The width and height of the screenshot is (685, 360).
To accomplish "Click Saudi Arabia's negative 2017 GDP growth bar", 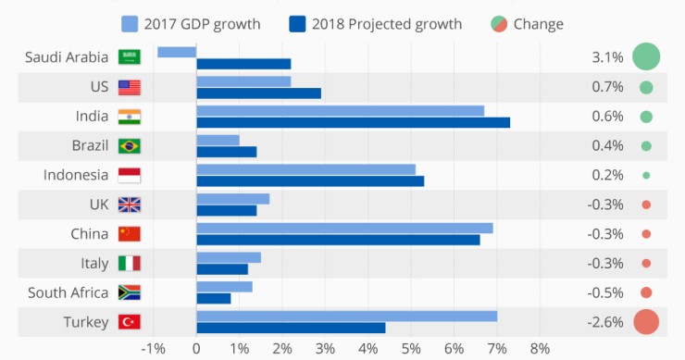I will (x=177, y=52).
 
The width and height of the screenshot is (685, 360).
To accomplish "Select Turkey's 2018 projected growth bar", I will (x=291, y=328).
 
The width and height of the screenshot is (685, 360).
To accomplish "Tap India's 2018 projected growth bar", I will (x=353, y=122).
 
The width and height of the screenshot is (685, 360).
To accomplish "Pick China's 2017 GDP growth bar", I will (x=344, y=228).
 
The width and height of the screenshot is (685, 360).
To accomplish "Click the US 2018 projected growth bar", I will (x=258, y=93).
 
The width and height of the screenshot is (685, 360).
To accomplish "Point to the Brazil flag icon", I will (x=129, y=145).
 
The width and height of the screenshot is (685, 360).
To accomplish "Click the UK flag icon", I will (x=129, y=205).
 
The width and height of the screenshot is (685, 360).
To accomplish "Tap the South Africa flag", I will (x=129, y=293).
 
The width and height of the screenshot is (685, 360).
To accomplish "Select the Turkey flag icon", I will (x=129, y=323).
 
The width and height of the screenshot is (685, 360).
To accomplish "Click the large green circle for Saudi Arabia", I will (x=646, y=57).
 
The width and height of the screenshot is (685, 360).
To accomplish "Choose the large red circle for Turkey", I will (x=646, y=322).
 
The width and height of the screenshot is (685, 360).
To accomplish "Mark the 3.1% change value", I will (x=607, y=57).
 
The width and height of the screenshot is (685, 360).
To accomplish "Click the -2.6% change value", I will (x=605, y=322).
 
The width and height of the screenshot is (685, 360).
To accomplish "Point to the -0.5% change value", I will (x=605, y=292).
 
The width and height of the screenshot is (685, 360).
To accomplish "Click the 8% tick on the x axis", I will (x=540, y=349).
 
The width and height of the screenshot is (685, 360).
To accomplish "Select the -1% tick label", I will (x=153, y=349).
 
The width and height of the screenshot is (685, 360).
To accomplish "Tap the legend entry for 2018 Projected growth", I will (x=376, y=24).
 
